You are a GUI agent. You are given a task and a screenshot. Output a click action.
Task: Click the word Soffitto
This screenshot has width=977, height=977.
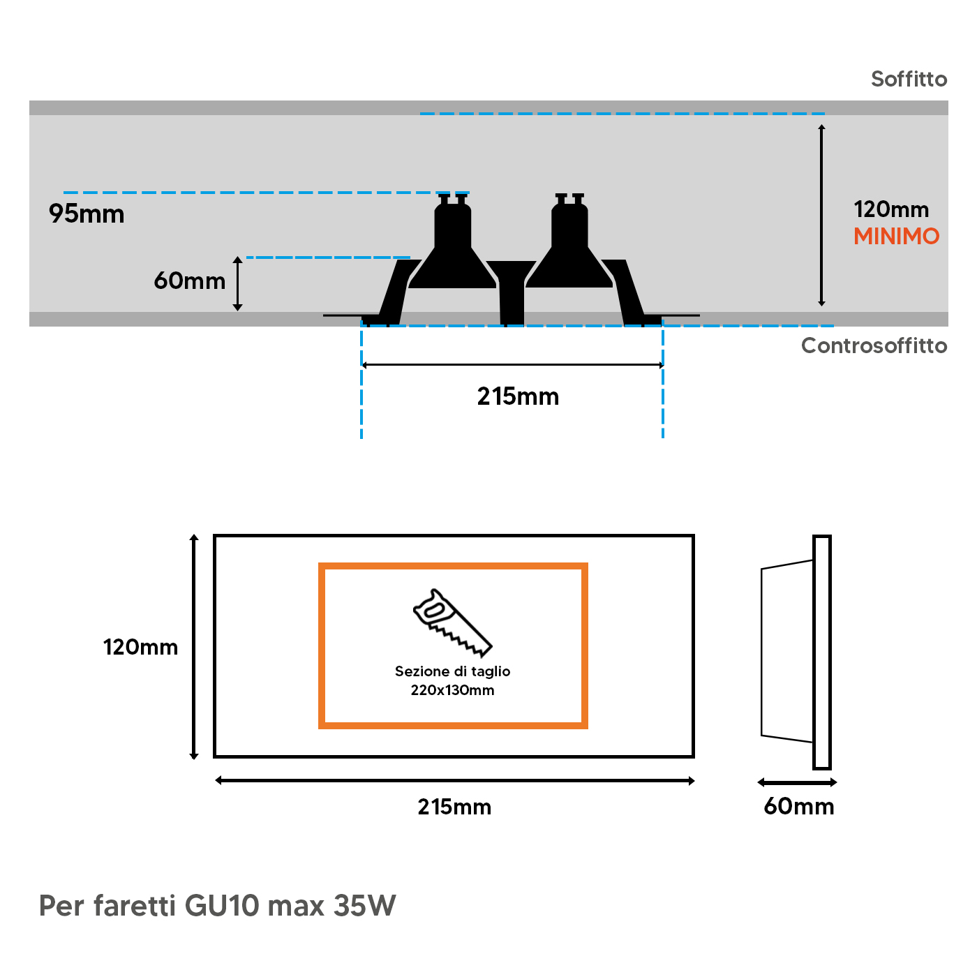(909, 79)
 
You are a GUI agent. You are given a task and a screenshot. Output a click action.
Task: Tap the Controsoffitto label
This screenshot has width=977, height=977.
(874, 345)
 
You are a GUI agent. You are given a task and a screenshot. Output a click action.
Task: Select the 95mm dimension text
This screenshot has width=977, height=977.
(87, 214)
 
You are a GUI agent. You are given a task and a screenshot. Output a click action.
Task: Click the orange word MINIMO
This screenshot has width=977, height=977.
(896, 237)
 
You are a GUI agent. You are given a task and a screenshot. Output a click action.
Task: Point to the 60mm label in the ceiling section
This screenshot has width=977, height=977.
(190, 281)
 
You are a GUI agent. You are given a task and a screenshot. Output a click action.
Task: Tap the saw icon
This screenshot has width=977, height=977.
(452, 622)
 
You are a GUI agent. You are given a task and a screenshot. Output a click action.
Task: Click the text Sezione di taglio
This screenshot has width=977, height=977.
(452, 671)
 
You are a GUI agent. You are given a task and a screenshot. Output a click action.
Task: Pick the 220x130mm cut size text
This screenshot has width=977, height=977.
(452, 690)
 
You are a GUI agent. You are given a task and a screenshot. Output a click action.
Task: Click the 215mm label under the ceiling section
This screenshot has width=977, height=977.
(518, 396)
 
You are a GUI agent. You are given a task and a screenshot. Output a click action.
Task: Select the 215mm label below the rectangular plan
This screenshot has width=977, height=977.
(454, 807)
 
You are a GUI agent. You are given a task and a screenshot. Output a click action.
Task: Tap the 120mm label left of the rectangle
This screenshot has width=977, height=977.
(140, 647)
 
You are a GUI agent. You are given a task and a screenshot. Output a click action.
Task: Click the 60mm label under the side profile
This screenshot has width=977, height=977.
(798, 806)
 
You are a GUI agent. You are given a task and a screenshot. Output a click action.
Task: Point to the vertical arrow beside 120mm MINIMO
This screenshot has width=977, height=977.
(821, 215)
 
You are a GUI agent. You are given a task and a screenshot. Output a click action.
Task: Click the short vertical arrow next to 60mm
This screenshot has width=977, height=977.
(237, 283)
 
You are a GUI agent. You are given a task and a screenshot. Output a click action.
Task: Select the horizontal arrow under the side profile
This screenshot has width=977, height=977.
(797, 782)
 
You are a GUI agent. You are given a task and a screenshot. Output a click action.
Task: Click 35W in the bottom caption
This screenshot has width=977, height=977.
(364, 906)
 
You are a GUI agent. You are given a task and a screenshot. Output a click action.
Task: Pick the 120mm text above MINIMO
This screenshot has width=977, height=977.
(891, 209)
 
